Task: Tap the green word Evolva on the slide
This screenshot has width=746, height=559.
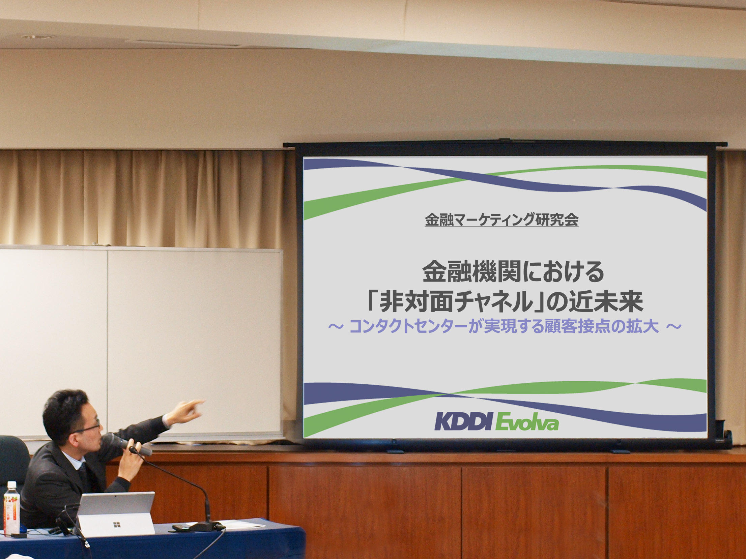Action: (527, 422)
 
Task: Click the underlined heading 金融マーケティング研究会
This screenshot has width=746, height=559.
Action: (501, 220)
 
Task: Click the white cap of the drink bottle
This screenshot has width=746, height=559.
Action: (12, 484)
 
